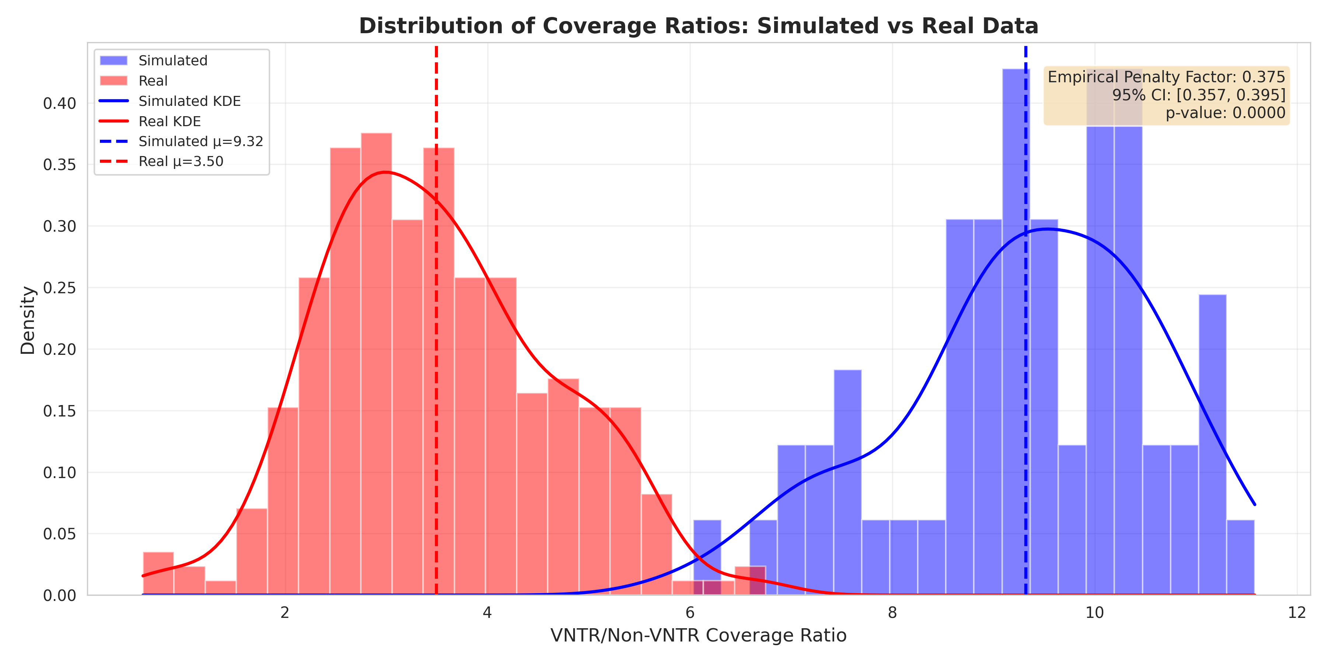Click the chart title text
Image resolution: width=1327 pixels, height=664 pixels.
(698, 26)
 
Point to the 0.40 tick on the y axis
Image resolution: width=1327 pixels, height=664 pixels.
(59, 104)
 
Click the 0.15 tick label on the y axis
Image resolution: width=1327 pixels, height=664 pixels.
(59, 411)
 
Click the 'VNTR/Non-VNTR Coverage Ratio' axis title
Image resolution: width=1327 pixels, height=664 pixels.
(698, 635)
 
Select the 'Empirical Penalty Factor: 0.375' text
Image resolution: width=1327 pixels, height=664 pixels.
(1166, 77)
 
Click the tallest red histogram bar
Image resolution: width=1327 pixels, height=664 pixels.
(376, 361)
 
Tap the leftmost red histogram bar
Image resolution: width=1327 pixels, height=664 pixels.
(158, 573)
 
